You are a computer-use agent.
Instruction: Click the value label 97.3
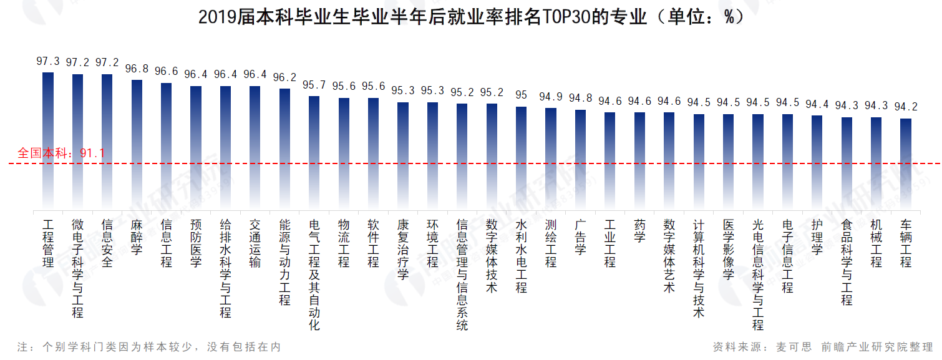tap(48, 61)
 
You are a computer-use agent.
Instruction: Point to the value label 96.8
tap(137, 69)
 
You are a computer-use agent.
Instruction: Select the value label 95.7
tap(314, 85)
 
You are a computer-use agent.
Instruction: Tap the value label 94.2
tap(906, 107)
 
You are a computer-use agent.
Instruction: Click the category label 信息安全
tap(107, 243)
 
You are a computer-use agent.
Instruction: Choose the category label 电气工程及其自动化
tap(314, 274)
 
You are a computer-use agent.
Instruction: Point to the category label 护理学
tap(817, 236)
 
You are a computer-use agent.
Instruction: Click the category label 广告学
tap(580, 236)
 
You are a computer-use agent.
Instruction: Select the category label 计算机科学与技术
tap(699, 268)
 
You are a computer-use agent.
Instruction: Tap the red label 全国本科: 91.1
tap(61, 153)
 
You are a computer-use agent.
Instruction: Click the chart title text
tap(471, 17)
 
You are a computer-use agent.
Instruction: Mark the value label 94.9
tap(551, 97)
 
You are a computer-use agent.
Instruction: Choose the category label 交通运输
tap(255, 243)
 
